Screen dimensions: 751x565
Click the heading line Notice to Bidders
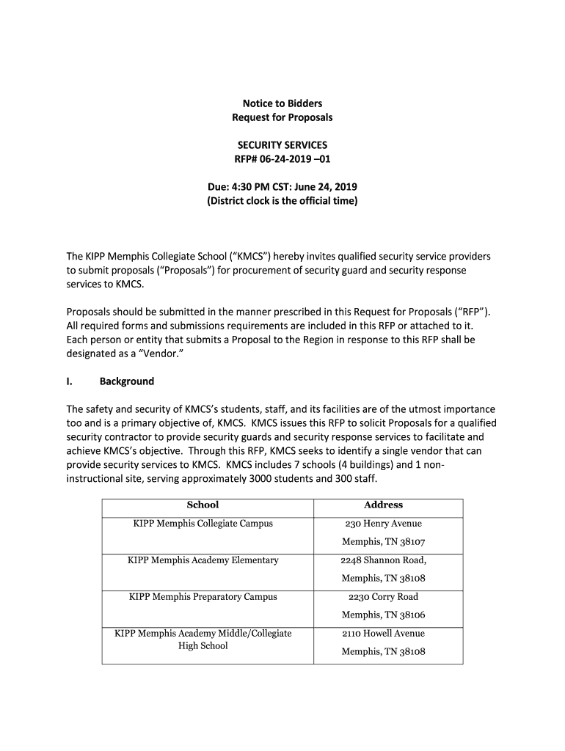(x=282, y=103)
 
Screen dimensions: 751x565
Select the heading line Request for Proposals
(x=282, y=117)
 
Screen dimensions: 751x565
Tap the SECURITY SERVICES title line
(x=282, y=145)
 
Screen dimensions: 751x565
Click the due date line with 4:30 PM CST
(x=282, y=187)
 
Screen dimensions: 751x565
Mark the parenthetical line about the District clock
(x=282, y=201)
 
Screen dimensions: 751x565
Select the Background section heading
(x=126, y=381)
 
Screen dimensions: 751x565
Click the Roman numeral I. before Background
(x=70, y=381)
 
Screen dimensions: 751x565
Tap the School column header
(x=203, y=505)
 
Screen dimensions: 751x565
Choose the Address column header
(x=383, y=505)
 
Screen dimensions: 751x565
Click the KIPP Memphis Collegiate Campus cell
(x=203, y=524)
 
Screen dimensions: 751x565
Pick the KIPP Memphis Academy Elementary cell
(x=203, y=560)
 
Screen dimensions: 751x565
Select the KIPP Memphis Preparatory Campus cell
(x=203, y=597)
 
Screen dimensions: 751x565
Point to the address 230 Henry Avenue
(x=383, y=524)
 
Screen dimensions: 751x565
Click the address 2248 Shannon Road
(x=383, y=560)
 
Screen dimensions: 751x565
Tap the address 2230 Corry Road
(x=383, y=597)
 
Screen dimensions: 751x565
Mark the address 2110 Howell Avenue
(x=383, y=634)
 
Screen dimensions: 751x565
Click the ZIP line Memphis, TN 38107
(x=383, y=542)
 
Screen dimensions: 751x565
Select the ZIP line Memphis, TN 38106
(x=383, y=615)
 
